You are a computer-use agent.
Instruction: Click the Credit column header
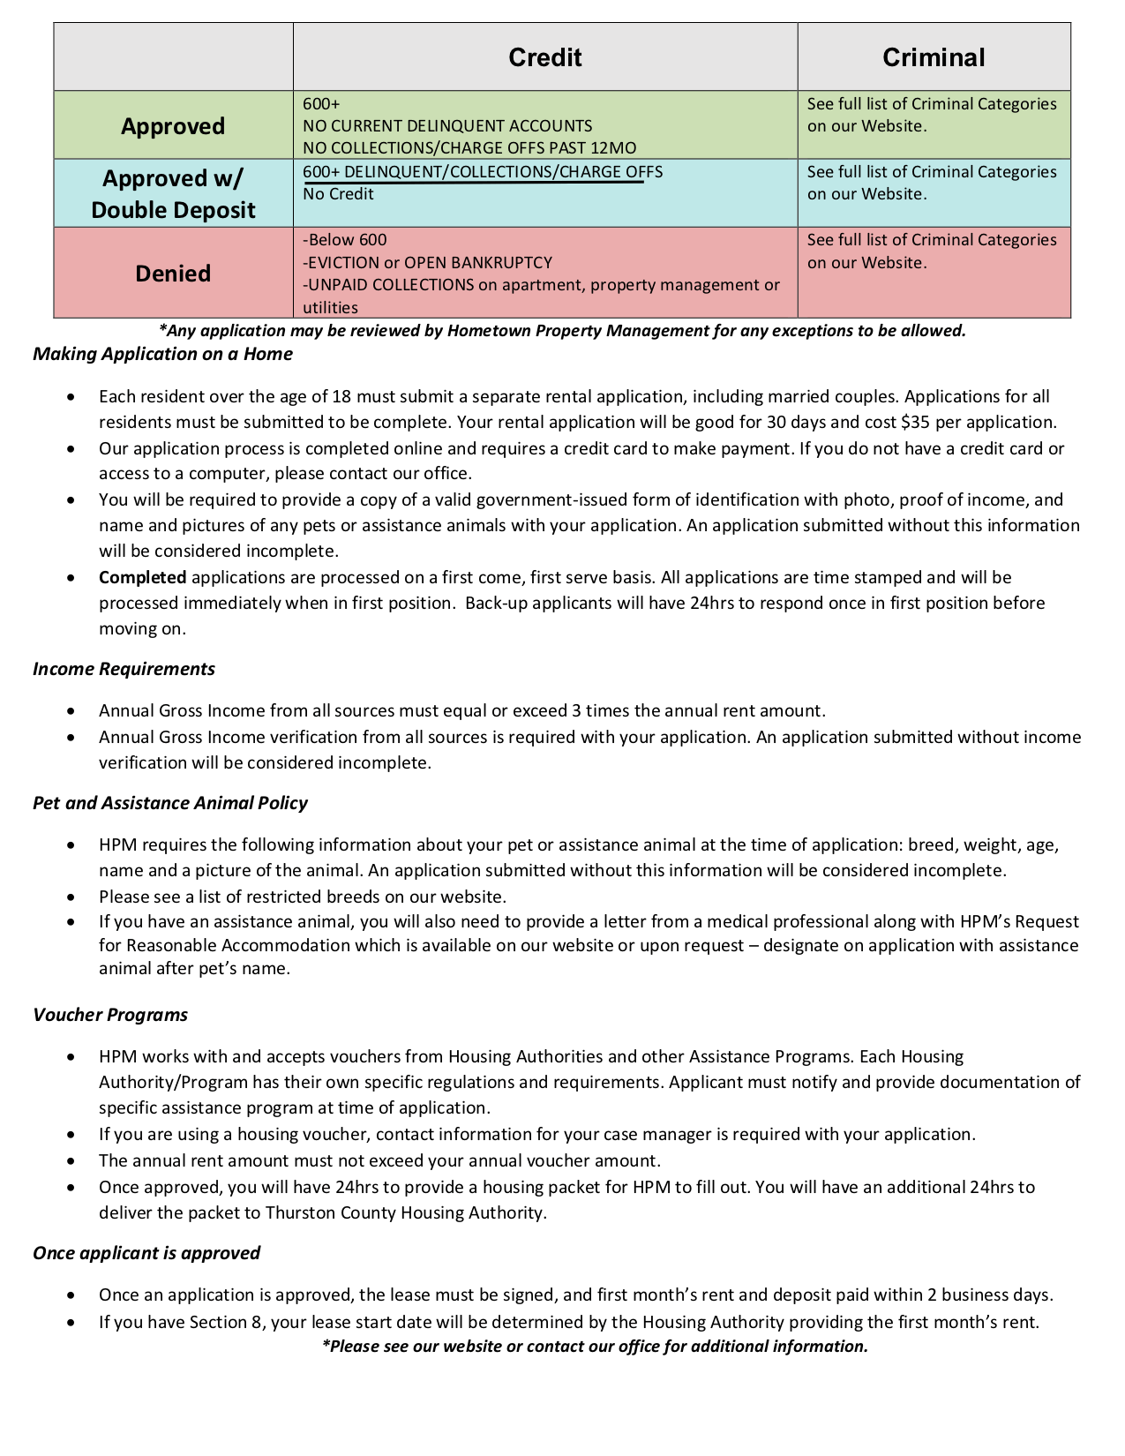point(544,57)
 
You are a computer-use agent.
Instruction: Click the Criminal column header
point(933,57)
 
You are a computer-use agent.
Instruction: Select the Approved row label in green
point(173,126)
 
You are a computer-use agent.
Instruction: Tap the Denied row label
point(173,274)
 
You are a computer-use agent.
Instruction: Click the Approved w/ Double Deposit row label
point(173,194)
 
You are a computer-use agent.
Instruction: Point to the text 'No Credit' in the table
point(338,194)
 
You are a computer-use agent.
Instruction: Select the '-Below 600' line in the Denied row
point(345,240)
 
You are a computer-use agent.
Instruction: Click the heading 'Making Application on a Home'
point(162,354)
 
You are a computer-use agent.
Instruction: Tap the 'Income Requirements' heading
point(124,669)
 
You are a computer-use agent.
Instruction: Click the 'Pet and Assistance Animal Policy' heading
point(170,803)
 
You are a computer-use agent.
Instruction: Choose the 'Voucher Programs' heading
point(110,1015)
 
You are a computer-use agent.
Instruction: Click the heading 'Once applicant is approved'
point(146,1253)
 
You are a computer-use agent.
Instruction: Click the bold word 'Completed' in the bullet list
point(142,578)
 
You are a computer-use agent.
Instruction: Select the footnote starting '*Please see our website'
point(595,1347)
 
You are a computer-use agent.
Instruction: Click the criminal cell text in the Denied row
point(931,251)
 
